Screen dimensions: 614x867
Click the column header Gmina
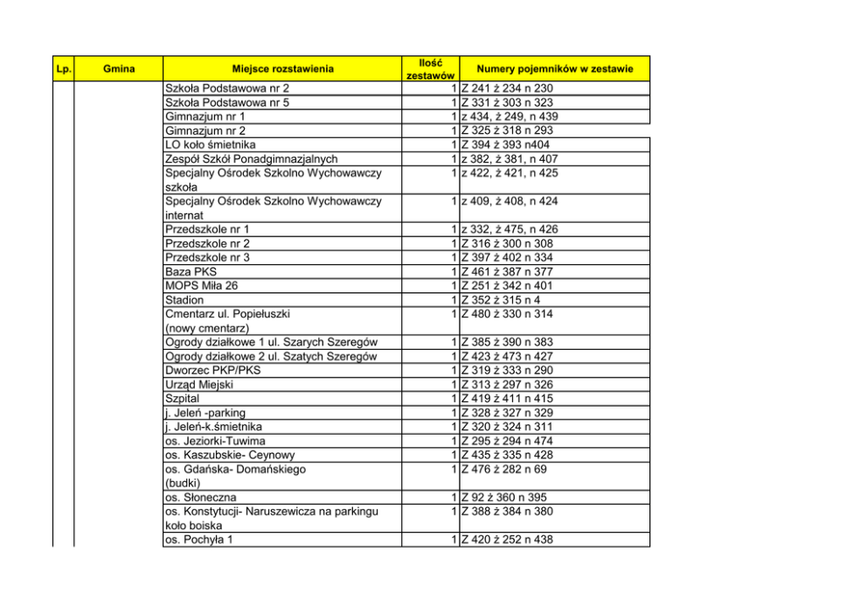point(118,68)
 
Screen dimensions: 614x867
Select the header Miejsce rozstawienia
point(282,68)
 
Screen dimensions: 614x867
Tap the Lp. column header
point(63,68)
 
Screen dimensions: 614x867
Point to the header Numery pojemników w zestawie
point(554,68)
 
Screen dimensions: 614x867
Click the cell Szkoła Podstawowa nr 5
point(227,102)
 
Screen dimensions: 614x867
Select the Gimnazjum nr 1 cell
point(205,116)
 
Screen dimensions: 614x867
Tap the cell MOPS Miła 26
point(201,286)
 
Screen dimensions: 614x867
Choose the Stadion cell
point(184,300)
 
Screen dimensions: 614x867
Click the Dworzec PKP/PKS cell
point(212,370)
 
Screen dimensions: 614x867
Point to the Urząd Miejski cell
point(199,384)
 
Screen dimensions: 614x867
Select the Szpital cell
point(183,398)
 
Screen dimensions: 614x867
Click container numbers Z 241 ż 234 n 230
point(507,88)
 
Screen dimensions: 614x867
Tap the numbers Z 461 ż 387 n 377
point(507,272)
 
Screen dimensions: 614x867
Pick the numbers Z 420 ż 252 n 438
point(507,540)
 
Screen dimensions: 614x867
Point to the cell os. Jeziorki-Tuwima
point(215,441)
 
